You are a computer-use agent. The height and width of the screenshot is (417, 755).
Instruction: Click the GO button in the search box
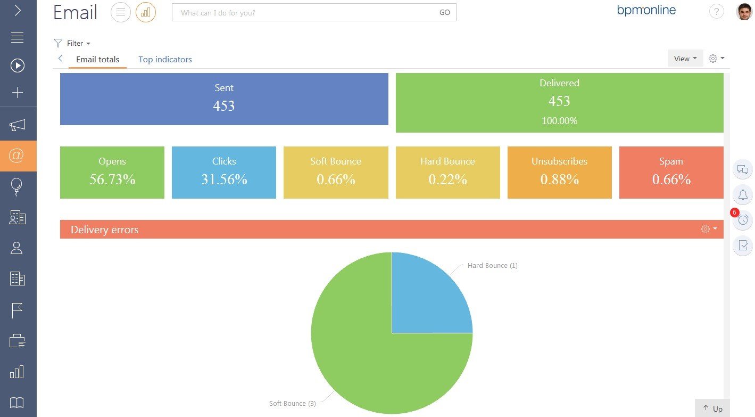(445, 12)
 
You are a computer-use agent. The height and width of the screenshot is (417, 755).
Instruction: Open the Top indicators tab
(165, 59)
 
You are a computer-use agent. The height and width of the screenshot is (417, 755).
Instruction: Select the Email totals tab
(97, 59)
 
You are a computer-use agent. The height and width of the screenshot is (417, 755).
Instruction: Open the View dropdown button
(685, 59)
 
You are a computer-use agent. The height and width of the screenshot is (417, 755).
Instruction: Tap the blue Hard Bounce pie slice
(428, 297)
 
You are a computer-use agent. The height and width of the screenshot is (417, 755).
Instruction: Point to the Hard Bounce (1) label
(493, 266)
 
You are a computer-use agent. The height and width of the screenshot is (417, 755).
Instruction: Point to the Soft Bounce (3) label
(292, 404)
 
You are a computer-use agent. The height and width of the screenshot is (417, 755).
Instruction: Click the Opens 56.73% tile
(112, 173)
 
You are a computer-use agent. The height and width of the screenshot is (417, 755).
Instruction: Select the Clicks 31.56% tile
(224, 173)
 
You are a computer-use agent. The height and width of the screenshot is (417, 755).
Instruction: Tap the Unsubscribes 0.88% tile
(560, 173)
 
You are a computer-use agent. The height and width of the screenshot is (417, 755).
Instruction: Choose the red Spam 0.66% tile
(671, 173)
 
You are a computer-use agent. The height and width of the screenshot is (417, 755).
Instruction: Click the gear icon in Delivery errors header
(705, 229)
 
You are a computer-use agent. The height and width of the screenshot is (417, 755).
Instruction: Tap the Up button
(712, 408)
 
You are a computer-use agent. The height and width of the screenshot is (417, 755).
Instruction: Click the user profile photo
(744, 12)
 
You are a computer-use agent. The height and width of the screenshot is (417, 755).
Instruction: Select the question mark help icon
(716, 12)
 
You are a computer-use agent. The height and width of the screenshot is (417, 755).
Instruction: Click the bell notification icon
(743, 195)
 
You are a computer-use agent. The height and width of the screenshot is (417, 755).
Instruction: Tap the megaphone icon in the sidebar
(17, 125)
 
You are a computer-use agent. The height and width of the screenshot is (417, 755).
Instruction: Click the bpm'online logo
(646, 10)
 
